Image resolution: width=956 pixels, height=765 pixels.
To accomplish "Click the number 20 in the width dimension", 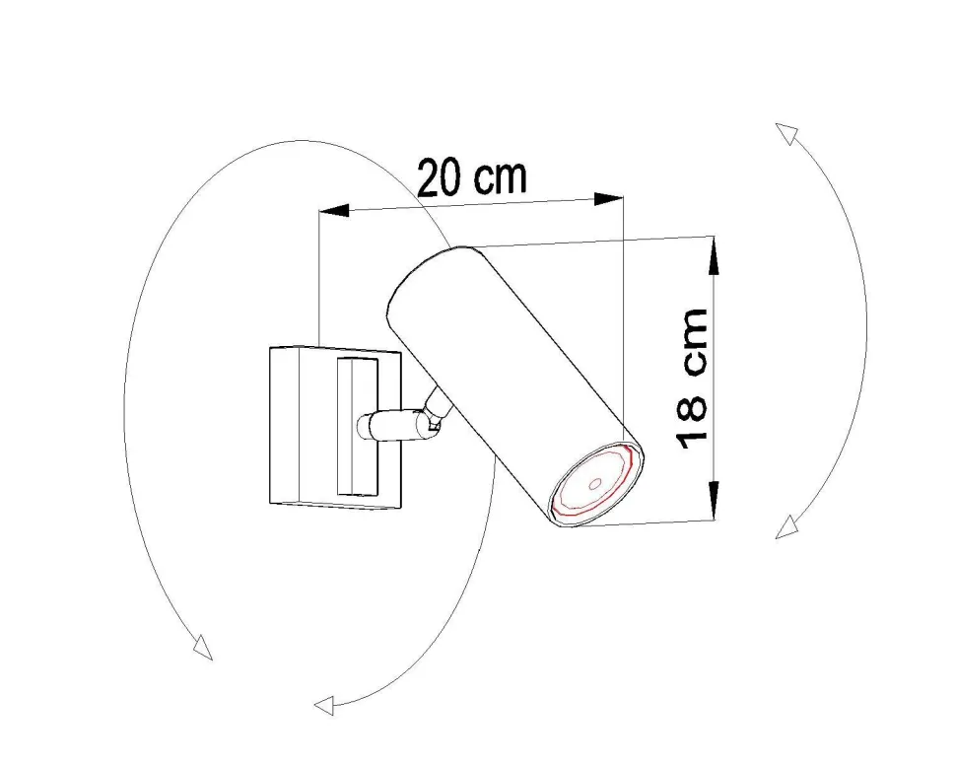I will pos(441,178).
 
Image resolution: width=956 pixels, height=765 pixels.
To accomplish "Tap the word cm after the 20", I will pos(501,176).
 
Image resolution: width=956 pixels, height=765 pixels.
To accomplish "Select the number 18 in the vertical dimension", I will pos(693,419).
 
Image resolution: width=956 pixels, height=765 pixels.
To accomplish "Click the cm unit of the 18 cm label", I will pos(693,341).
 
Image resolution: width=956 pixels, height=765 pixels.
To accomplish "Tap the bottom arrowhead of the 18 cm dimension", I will pos(714,504).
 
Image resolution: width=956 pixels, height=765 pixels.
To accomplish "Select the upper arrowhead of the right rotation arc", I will pos(785,132).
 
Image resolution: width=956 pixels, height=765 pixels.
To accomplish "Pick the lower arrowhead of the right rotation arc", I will pos(785,529).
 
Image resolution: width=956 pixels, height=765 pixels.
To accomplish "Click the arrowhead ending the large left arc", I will pos(202,648).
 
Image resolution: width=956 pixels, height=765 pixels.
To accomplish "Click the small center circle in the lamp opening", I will pos(596,483).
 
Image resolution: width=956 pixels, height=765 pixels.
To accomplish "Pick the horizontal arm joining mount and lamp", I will pos(389,425).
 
